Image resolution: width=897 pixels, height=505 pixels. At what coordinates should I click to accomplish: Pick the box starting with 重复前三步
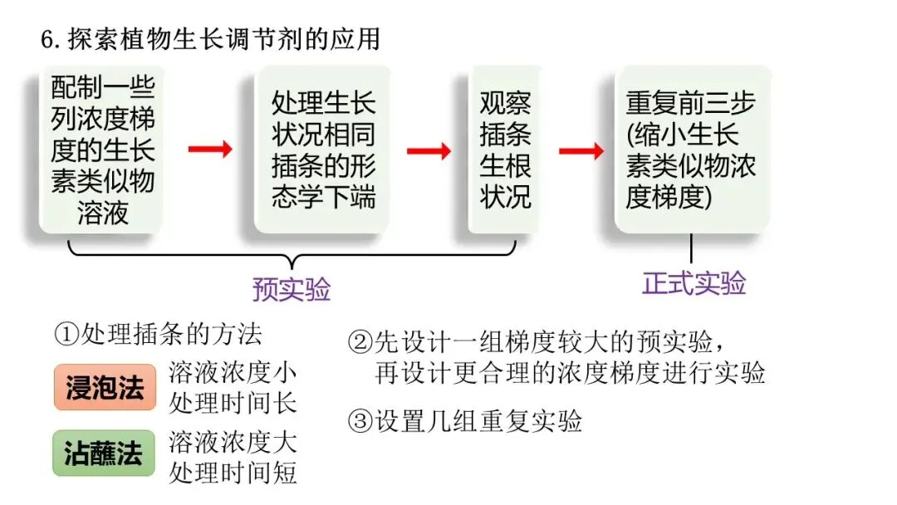(x=691, y=150)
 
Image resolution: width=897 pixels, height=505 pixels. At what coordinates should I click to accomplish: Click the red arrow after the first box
(x=209, y=150)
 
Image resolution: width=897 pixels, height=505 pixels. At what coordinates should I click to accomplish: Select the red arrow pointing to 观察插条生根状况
(x=429, y=150)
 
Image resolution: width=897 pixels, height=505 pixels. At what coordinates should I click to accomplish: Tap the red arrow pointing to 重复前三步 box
(x=581, y=150)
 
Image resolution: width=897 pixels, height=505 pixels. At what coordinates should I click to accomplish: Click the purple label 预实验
(x=292, y=289)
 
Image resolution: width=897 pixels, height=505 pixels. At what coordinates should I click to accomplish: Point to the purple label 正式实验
(x=694, y=283)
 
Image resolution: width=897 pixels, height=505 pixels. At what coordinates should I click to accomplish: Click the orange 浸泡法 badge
(x=105, y=387)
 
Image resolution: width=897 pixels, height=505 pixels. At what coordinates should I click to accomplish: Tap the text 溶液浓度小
(x=233, y=373)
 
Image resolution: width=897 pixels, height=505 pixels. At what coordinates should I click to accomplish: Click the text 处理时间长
(x=233, y=403)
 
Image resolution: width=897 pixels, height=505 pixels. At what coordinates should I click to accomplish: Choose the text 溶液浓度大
(x=233, y=440)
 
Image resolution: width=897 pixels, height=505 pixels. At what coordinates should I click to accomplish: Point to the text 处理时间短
(x=233, y=471)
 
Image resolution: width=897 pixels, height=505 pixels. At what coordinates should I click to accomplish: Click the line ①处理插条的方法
(x=158, y=334)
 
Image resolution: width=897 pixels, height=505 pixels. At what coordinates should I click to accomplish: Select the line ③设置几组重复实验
(x=464, y=421)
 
